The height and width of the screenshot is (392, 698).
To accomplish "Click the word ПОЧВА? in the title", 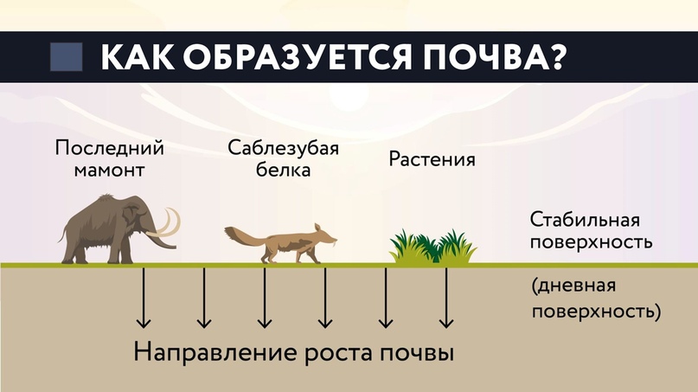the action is (494, 57).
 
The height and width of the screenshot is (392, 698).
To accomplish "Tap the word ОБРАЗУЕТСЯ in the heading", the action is (298, 57).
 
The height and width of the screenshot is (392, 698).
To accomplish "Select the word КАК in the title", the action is (138, 57).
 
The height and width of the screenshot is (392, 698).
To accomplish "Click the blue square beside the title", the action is (67, 56).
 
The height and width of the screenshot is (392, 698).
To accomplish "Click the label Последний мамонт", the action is (110, 158).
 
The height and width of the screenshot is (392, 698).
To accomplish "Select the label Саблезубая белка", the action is (283, 158).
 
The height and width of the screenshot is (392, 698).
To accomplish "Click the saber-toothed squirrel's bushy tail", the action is (242, 237).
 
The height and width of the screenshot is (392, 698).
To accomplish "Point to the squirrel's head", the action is (323, 235).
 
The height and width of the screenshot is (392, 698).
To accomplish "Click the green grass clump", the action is (433, 247).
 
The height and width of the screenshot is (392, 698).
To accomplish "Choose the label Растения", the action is (432, 159).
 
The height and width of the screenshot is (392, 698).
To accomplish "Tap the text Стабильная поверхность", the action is (591, 231).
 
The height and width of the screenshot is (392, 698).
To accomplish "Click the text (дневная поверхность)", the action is (596, 299).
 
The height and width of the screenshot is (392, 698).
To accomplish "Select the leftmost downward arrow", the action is (144, 298).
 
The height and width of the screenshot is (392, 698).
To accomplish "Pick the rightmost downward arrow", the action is (446, 298).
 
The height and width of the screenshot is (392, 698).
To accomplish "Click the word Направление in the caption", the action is (215, 352).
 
